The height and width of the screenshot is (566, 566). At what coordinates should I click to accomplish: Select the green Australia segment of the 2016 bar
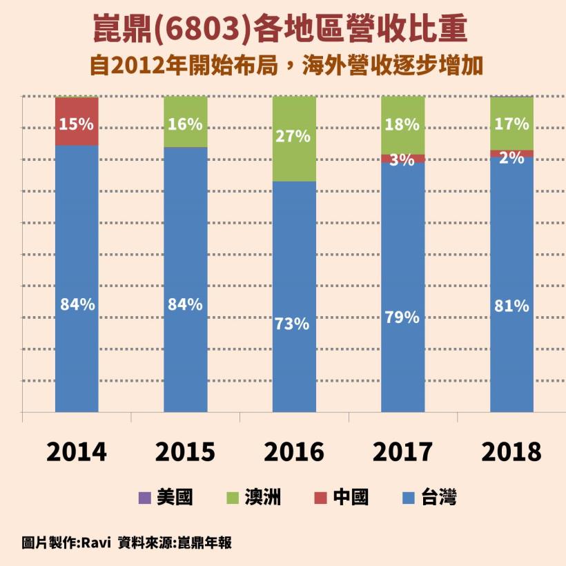coord(294,159)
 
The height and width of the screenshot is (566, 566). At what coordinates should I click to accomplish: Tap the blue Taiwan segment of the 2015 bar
coord(185,345)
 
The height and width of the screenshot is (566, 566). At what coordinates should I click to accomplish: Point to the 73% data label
coord(294,323)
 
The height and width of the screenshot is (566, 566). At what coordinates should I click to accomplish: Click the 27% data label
coord(294,136)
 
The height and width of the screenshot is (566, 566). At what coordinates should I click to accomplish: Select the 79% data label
coord(402,318)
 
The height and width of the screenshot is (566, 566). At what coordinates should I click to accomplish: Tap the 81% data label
coord(511,306)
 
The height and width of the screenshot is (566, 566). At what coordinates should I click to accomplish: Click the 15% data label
coord(76,125)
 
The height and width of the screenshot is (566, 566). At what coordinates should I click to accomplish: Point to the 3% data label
coord(402,160)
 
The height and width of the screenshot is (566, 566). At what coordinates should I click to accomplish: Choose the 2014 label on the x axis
coord(76,452)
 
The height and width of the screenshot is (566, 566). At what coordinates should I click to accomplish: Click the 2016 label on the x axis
coord(294,452)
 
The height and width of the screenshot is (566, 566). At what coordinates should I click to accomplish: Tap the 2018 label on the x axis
coord(511,452)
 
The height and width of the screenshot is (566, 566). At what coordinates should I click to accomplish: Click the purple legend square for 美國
coord(144,497)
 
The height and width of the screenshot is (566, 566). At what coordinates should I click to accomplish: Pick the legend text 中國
coord(350,497)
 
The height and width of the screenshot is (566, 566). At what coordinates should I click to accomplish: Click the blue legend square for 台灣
coord(408,497)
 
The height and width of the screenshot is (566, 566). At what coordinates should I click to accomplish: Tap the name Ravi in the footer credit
coord(96,543)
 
